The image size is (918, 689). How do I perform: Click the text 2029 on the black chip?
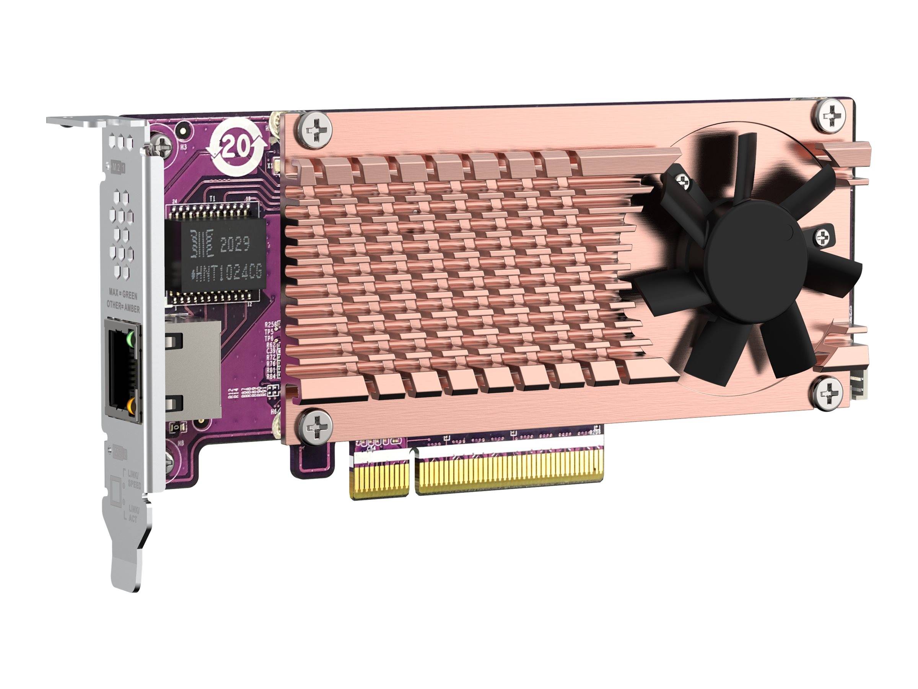pos(235,245)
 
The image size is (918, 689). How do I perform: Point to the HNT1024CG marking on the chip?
pos(226,273)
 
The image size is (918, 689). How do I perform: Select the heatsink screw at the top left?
pos(316,130)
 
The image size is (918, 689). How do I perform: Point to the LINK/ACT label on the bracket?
pos(133,514)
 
